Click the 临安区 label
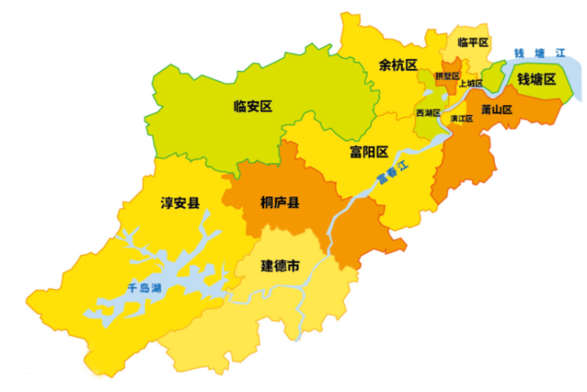click(252, 105)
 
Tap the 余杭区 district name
click(398, 65)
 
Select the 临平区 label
click(473, 42)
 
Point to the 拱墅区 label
click(448, 75)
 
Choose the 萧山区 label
click(496, 109)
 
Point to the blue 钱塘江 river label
click(539, 53)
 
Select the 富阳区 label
click(368, 151)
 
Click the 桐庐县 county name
click(280, 202)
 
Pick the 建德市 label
click(280, 265)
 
